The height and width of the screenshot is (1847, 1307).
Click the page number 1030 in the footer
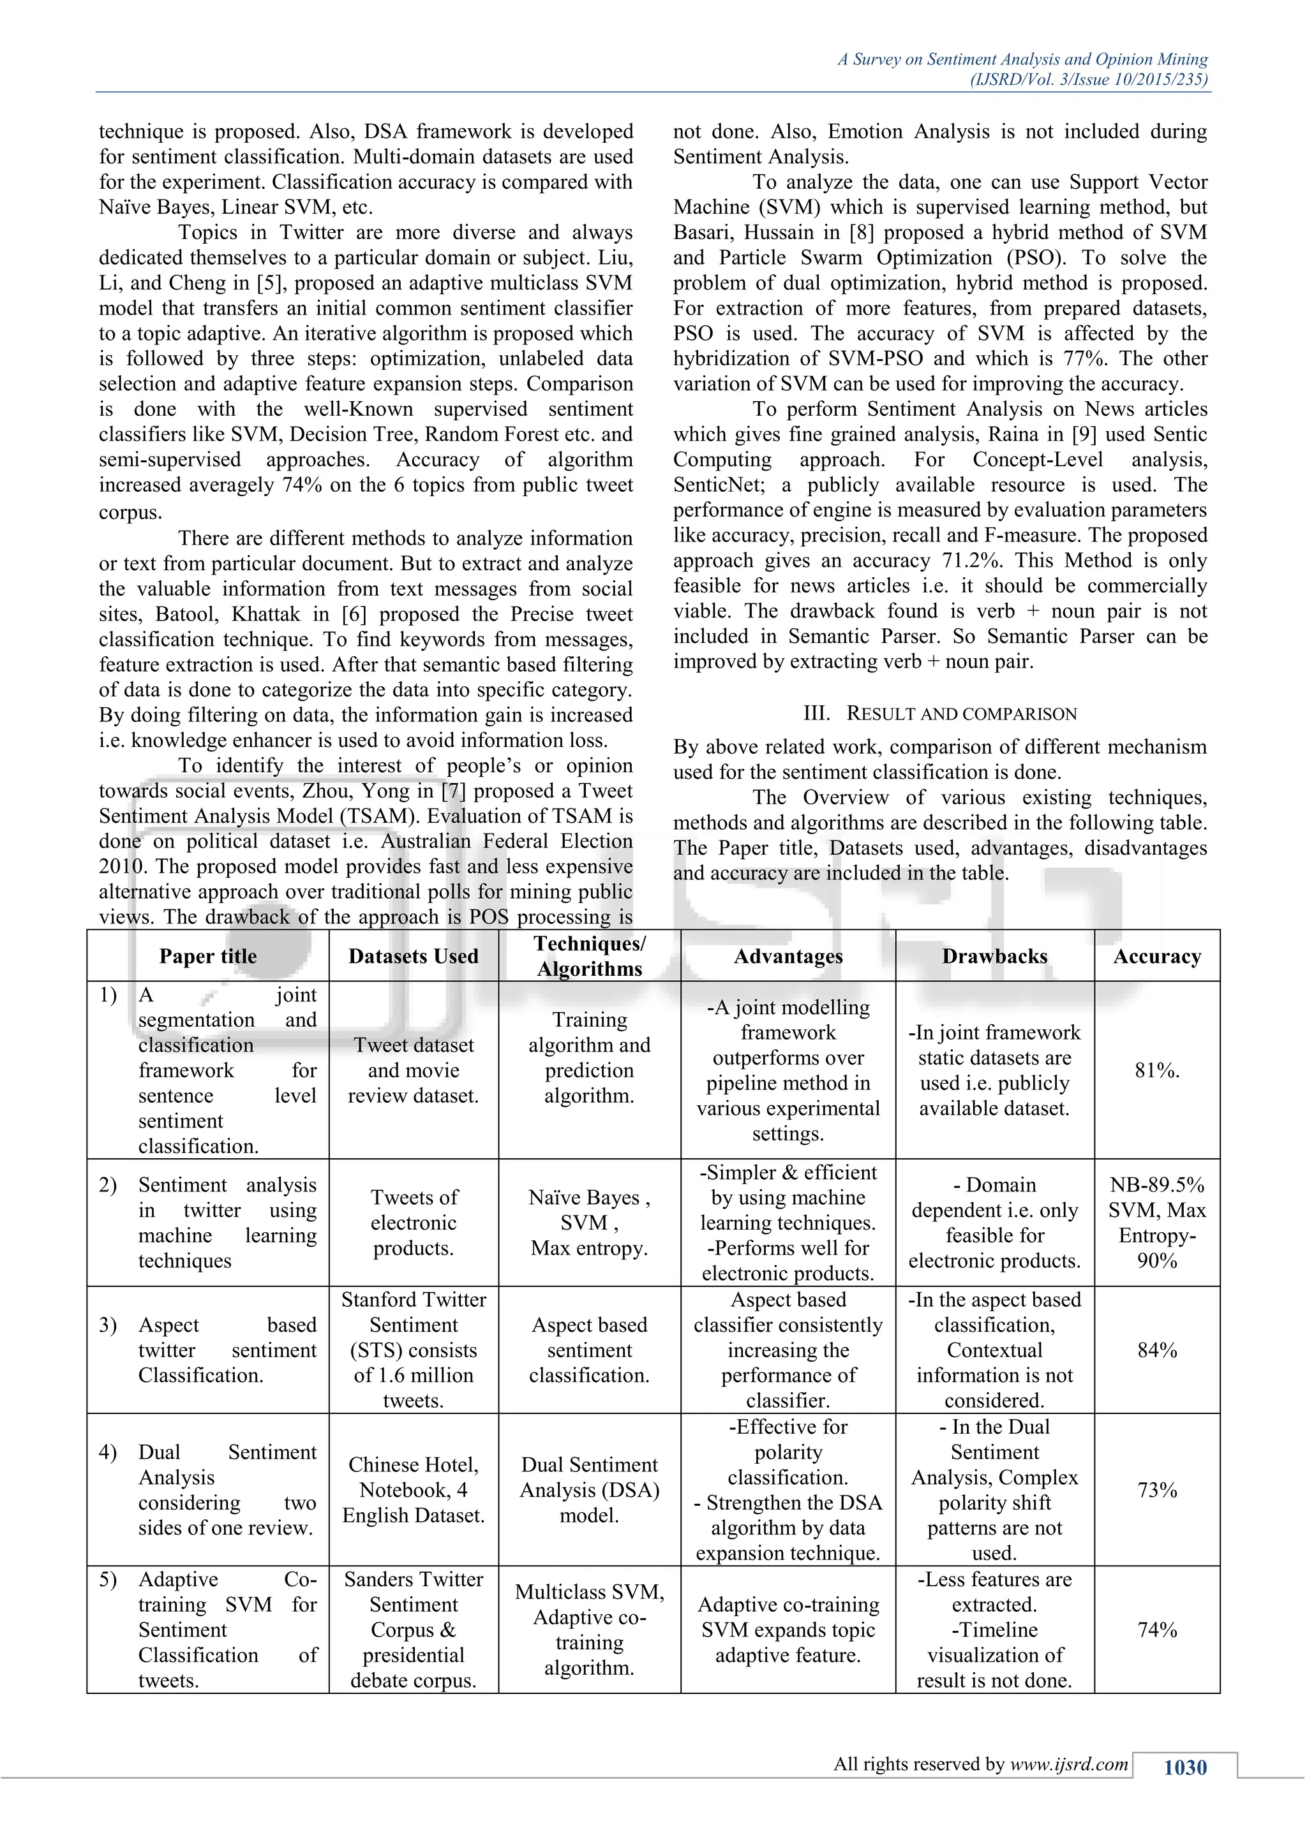(x=1184, y=1767)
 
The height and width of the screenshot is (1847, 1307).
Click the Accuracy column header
(x=1156, y=957)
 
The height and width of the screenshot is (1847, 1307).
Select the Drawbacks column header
(x=995, y=957)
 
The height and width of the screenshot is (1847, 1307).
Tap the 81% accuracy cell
(x=1156, y=1071)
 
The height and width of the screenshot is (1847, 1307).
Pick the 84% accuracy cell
(x=1156, y=1351)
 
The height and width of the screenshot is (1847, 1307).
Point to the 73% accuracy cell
(x=1156, y=1490)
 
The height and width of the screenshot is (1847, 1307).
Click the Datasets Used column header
(x=413, y=957)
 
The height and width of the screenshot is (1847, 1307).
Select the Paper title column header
(x=207, y=957)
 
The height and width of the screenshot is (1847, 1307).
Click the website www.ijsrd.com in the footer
(x=1069, y=1765)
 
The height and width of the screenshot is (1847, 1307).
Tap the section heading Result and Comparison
(x=940, y=714)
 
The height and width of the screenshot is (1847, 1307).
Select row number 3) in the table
(x=108, y=1325)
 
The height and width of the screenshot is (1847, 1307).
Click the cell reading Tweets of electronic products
(x=413, y=1223)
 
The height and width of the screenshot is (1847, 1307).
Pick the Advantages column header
(x=788, y=957)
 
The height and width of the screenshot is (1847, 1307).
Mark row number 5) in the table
(x=108, y=1579)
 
